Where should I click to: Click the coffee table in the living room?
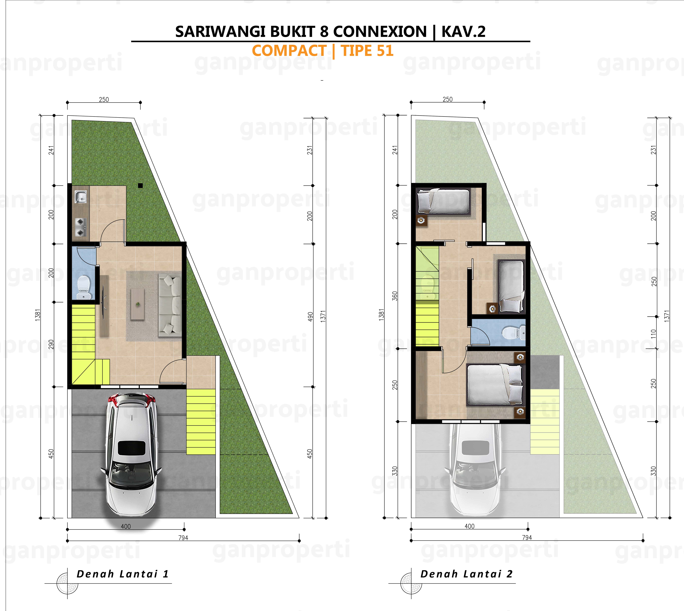click(137, 304)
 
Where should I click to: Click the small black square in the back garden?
click(140, 185)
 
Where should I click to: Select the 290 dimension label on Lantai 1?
click(51, 344)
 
